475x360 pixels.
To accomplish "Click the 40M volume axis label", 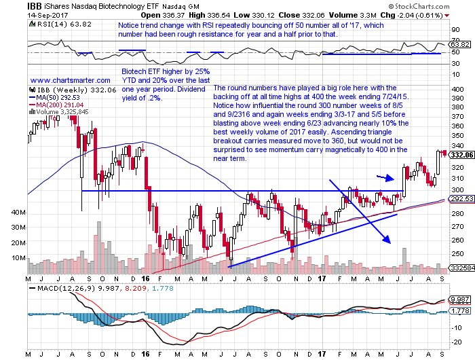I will [18, 213].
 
